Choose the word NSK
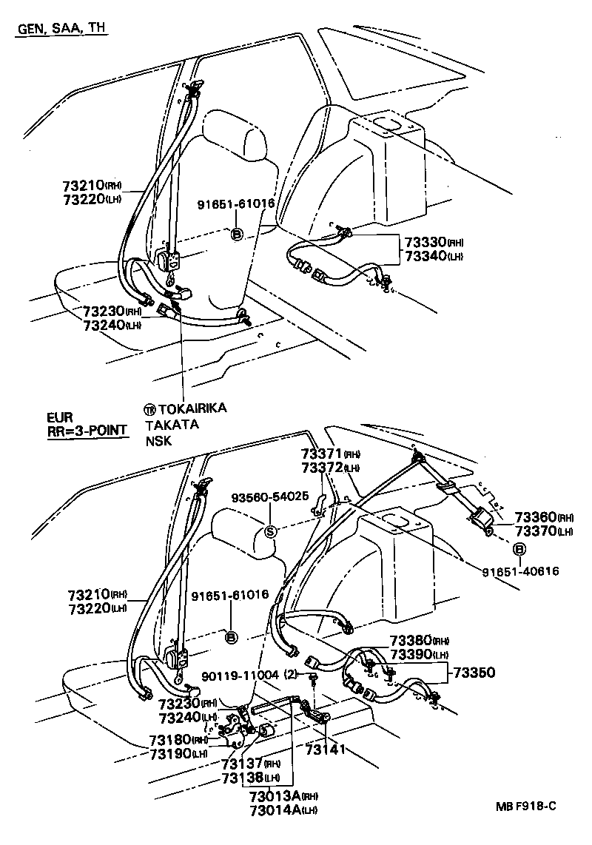[x=158, y=441]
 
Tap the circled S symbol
[x=270, y=531]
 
